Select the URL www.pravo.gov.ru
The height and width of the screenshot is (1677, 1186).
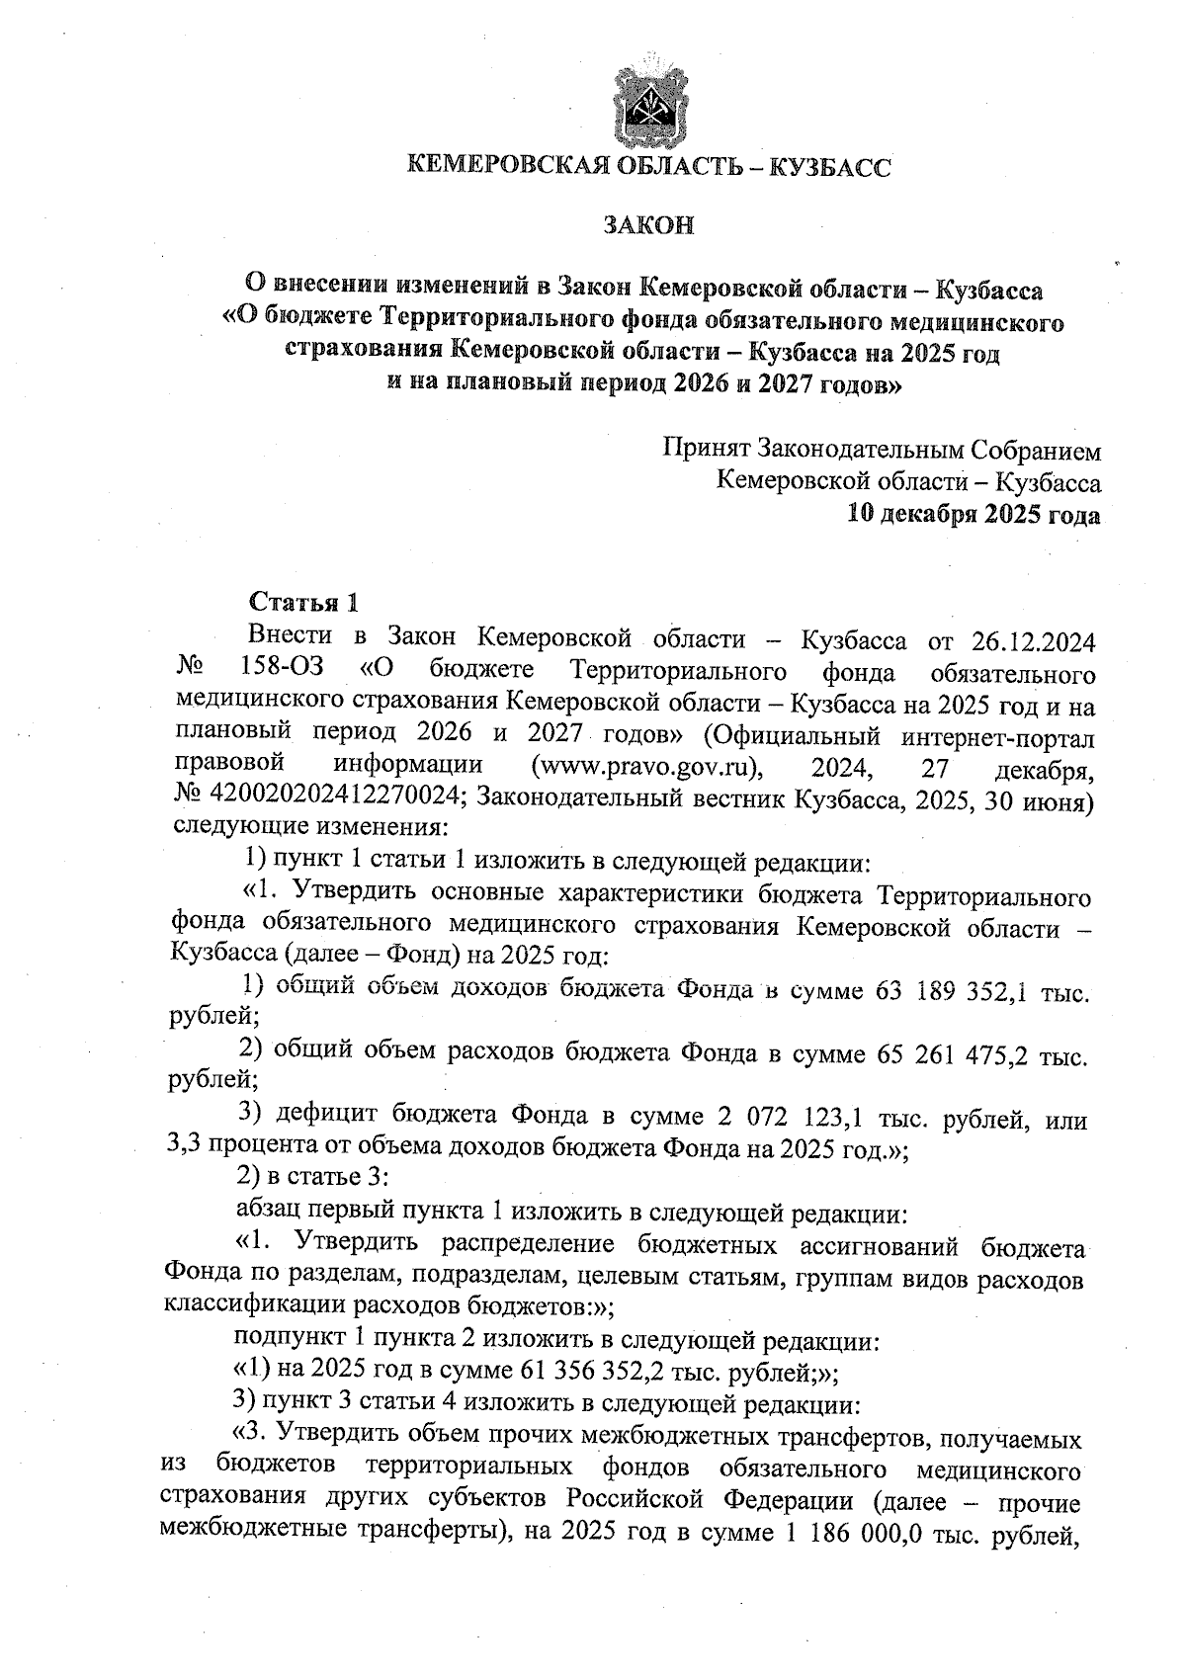coord(652,765)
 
